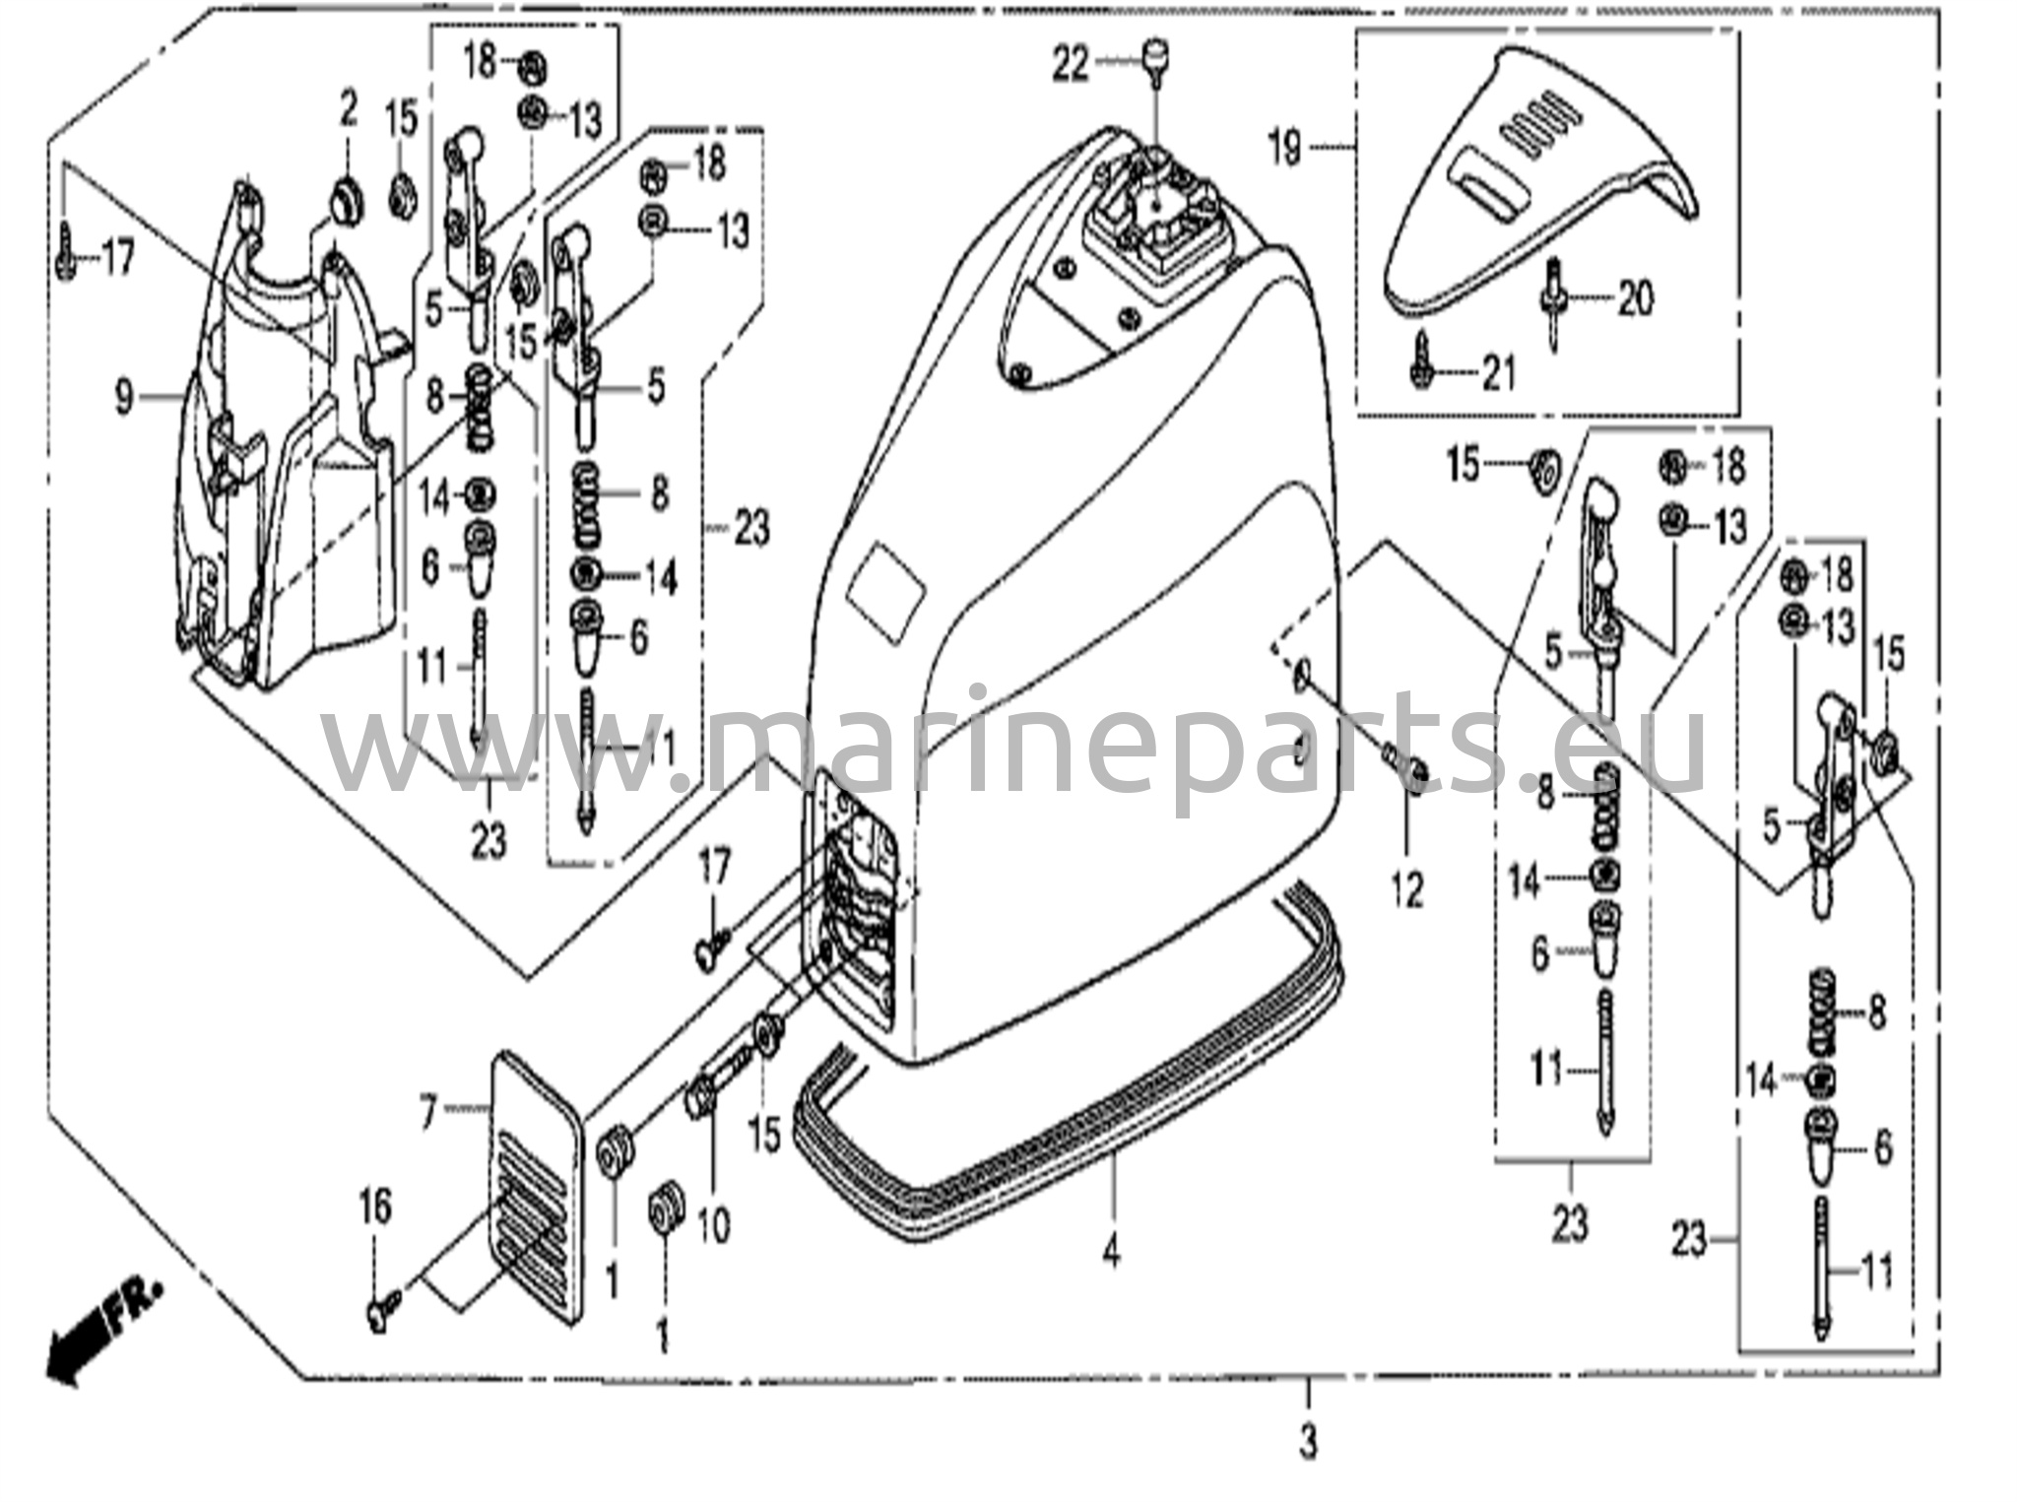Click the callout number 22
pos(1070,66)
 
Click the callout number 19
pos(1285,149)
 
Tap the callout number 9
pos(123,398)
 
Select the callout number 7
pos(426,1113)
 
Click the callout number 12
pos(1407,890)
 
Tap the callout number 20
pos(1636,297)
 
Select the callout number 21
pos(1498,373)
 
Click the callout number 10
pos(714,1225)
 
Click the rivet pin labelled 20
pos(1554,300)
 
